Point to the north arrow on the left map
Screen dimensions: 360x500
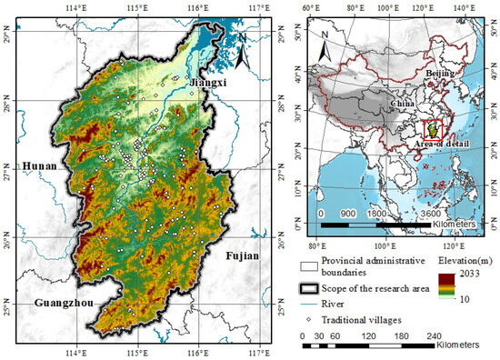tap(237, 57)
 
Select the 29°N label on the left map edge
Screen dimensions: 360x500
tap(7, 37)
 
